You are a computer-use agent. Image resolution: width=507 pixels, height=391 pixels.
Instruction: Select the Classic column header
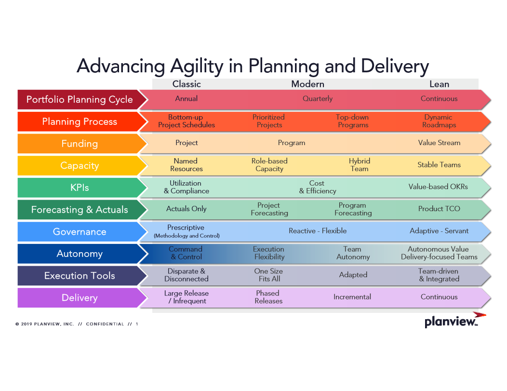[x=187, y=84]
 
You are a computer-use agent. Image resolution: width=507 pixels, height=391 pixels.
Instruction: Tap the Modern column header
[x=307, y=84]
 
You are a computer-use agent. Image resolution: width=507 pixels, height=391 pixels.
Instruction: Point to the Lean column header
[x=439, y=84]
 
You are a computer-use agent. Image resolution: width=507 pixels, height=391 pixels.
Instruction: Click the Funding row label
[x=80, y=144]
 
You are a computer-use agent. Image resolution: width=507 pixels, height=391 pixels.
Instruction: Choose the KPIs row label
[x=80, y=188]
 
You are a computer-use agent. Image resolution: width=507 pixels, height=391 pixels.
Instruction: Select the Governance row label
[x=80, y=231]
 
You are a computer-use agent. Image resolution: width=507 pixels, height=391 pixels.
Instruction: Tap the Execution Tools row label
[x=80, y=276]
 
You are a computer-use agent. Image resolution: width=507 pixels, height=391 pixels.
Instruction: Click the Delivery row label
[x=80, y=297]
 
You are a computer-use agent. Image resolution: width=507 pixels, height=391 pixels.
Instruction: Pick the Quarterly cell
[x=318, y=99]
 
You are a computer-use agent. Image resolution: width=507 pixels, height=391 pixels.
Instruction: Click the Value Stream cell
[x=439, y=143]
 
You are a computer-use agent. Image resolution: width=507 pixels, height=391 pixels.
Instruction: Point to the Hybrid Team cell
[x=359, y=165]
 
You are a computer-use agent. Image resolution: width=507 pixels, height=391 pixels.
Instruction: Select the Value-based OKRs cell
[x=438, y=187]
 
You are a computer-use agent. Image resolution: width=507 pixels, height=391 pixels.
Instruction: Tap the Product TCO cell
[x=439, y=209]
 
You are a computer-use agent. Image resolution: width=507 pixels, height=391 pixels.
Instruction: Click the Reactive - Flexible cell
[x=318, y=230]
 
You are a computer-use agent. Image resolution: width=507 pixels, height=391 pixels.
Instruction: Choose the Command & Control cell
[x=186, y=253]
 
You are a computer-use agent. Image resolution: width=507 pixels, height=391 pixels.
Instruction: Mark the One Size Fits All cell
[x=269, y=275]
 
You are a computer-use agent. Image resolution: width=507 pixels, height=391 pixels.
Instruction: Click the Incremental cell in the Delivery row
[x=352, y=297]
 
